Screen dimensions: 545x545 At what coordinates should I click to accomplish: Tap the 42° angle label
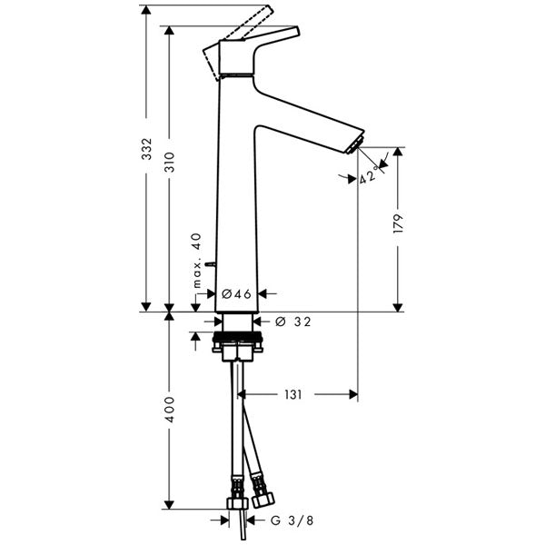[x=368, y=176]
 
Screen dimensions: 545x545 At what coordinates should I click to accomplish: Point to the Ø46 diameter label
[x=236, y=293]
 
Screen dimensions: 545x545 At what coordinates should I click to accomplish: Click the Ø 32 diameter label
[x=292, y=321]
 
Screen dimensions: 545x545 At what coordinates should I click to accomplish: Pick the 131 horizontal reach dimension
[x=292, y=395]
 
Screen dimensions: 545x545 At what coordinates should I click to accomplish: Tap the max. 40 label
[x=195, y=260]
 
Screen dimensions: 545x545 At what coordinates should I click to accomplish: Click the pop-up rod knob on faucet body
[x=210, y=264]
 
